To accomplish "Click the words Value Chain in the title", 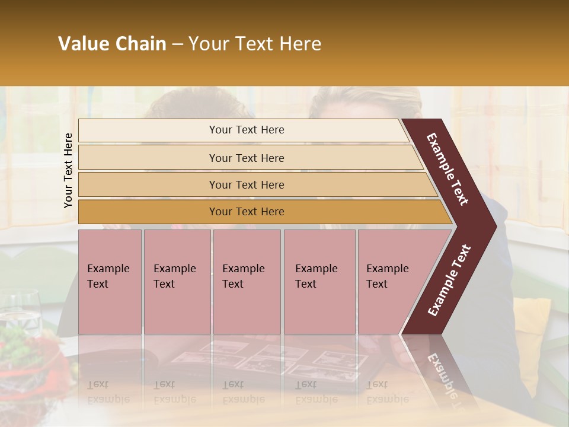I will click(x=112, y=44).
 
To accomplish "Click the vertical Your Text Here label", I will click(x=68, y=170).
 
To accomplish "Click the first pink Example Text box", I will click(x=110, y=282).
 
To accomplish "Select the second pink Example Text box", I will click(x=177, y=282).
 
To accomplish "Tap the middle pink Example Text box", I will click(x=247, y=282).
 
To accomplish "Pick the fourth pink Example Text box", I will click(x=319, y=282).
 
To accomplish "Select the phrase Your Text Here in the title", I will click(x=254, y=44).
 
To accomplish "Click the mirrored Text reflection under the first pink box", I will click(x=98, y=384).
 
